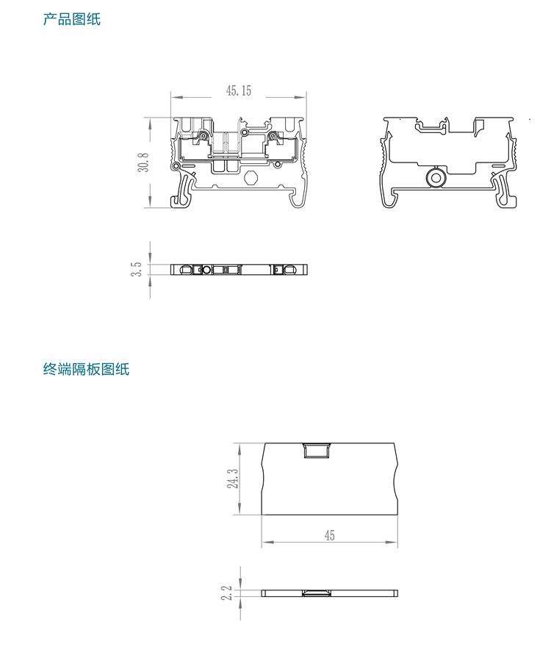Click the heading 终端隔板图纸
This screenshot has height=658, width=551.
coord(86,369)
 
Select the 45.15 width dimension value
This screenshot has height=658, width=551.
coord(239,91)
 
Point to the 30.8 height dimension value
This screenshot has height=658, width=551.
coord(143,162)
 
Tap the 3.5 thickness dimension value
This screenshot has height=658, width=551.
coord(137,269)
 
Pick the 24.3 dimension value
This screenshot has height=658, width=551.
coord(233,479)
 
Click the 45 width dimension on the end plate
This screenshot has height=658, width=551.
coord(329,536)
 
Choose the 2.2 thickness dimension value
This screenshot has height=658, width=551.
coord(227,593)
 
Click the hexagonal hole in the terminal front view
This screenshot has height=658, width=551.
coord(251,178)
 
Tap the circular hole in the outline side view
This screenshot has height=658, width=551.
coord(436,177)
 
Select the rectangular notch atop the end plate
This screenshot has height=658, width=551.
coord(317,449)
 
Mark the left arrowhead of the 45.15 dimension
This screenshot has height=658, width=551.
coord(176,96)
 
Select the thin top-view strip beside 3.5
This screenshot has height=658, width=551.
coord(239,270)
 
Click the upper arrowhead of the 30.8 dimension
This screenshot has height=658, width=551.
coord(151,121)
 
